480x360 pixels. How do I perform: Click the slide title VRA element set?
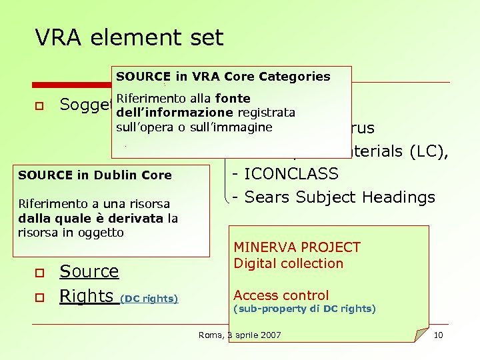pos(129,38)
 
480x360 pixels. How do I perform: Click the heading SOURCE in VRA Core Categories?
pos(223,77)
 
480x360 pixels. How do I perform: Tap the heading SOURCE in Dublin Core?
pos(95,175)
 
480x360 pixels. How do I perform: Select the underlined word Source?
pos(89,271)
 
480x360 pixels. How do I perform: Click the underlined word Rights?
pos(86,296)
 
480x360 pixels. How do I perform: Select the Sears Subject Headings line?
pos(333,197)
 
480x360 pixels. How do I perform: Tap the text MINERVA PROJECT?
pos(297,247)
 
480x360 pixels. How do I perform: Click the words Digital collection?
pos(288,263)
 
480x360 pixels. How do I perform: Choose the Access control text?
pos(281,295)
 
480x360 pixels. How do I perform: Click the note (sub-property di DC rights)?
pos(304,309)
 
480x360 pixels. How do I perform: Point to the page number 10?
pos(438,335)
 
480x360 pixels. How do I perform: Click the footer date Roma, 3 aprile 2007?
pos(240,335)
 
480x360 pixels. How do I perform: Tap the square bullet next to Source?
pos(40,273)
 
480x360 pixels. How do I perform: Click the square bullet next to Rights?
pos(40,297)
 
